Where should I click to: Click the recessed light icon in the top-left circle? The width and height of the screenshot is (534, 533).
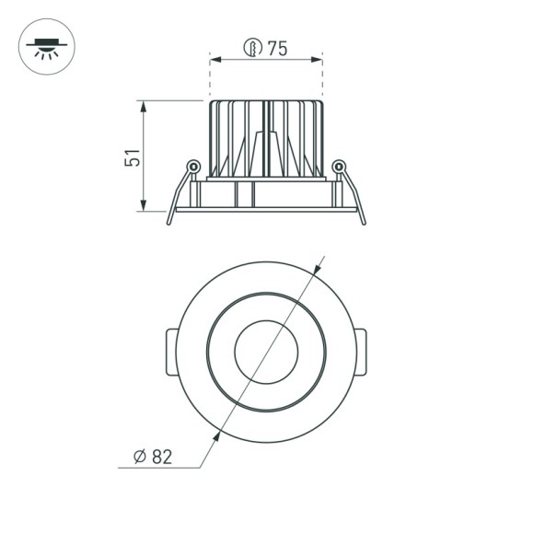point(46,46)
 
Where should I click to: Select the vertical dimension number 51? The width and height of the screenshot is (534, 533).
point(133,156)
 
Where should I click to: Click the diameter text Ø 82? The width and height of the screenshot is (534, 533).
point(153,455)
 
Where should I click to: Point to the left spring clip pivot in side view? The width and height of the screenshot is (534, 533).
point(193,167)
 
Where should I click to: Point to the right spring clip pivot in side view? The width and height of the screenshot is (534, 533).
point(339,167)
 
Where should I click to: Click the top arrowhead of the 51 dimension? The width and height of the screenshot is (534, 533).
point(144,105)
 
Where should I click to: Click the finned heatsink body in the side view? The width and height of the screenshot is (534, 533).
point(266,138)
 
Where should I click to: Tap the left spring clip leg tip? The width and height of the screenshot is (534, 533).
point(168,222)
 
